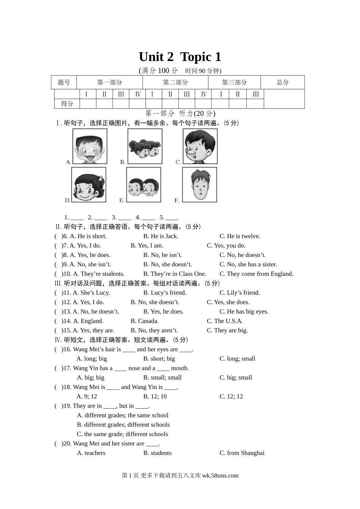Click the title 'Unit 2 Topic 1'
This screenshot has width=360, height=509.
point(180,57)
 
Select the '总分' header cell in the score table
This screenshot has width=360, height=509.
point(282,82)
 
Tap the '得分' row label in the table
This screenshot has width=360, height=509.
point(67,103)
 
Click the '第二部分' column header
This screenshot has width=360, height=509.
point(175,82)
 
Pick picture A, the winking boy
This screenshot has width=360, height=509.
point(90,146)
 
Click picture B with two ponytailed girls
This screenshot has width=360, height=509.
point(145,146)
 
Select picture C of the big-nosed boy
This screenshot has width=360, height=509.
point(200,146)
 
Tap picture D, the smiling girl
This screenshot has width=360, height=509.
point(89,185)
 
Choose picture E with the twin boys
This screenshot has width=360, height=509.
point(144,185)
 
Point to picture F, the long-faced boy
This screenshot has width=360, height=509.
point(200,185)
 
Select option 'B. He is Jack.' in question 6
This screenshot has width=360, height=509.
point(161,236)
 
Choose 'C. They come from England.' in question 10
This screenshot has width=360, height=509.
point(256,274)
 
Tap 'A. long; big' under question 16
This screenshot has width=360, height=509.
point(92,359)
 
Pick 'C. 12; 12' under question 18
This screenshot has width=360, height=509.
point(231,397)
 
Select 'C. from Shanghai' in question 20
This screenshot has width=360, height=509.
point(242,453)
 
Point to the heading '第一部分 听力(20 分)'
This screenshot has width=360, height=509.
point(180,113)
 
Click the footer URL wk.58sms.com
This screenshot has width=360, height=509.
point(220,476)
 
